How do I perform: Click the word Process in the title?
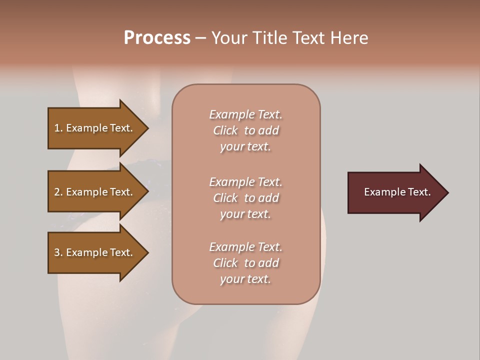click(x=157, y=38)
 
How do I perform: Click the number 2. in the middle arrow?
click(x=58, y=192)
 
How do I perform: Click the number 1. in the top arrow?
click(x=58, y=128)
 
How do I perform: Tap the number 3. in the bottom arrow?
click(x=58, y=252)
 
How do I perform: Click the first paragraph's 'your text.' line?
click(x=245, y=146)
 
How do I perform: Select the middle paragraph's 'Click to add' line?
click(x=245, y=198)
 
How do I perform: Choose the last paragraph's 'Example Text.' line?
click(x=245, y=247)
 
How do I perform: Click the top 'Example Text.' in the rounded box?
click(x=245, y=114)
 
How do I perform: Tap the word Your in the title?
click(x=229, y=38)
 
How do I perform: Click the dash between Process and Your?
click(x=200, y=38)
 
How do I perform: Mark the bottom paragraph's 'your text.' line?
click(x=245, y=279)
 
